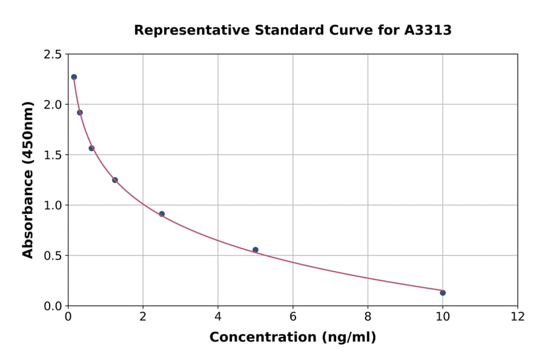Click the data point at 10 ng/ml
[x=443, y=293]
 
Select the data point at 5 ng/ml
[x=256, y=250]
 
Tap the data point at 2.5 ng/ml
[x=162, y=214]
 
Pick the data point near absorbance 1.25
[x=115, y=180]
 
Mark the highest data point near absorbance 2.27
[x=74, y=77]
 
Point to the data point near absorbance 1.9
[x=80, y=113]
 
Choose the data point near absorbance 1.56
[x=91, y=148]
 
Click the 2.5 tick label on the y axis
[x=52, y=55]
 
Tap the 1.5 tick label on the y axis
[x=52, y=155]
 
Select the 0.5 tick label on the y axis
[x=52, y=256]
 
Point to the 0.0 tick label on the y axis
[x=52, y=306]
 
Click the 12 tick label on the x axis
[x=518, y=316]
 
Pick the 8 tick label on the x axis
[x=368, y=316]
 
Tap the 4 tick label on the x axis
[x=218, y=316]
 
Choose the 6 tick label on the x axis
[x=293, y=316]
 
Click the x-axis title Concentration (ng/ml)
[x=292, y=338]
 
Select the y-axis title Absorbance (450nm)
[x=28, y=179]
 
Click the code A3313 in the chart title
[x=428, y=30]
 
